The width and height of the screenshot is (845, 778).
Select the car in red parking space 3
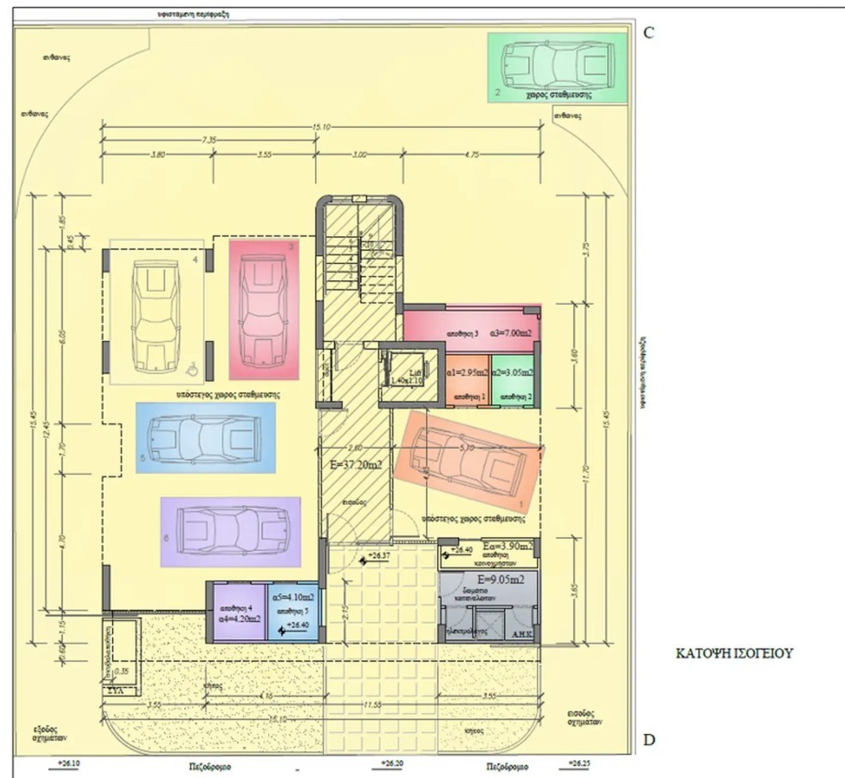265,308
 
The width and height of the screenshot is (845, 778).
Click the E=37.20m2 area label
355,465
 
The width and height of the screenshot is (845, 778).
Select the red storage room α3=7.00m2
471,331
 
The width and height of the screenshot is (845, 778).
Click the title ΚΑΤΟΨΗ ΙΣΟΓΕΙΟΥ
734,653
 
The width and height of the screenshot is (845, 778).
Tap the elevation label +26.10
69,762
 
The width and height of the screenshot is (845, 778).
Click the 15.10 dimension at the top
322,127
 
